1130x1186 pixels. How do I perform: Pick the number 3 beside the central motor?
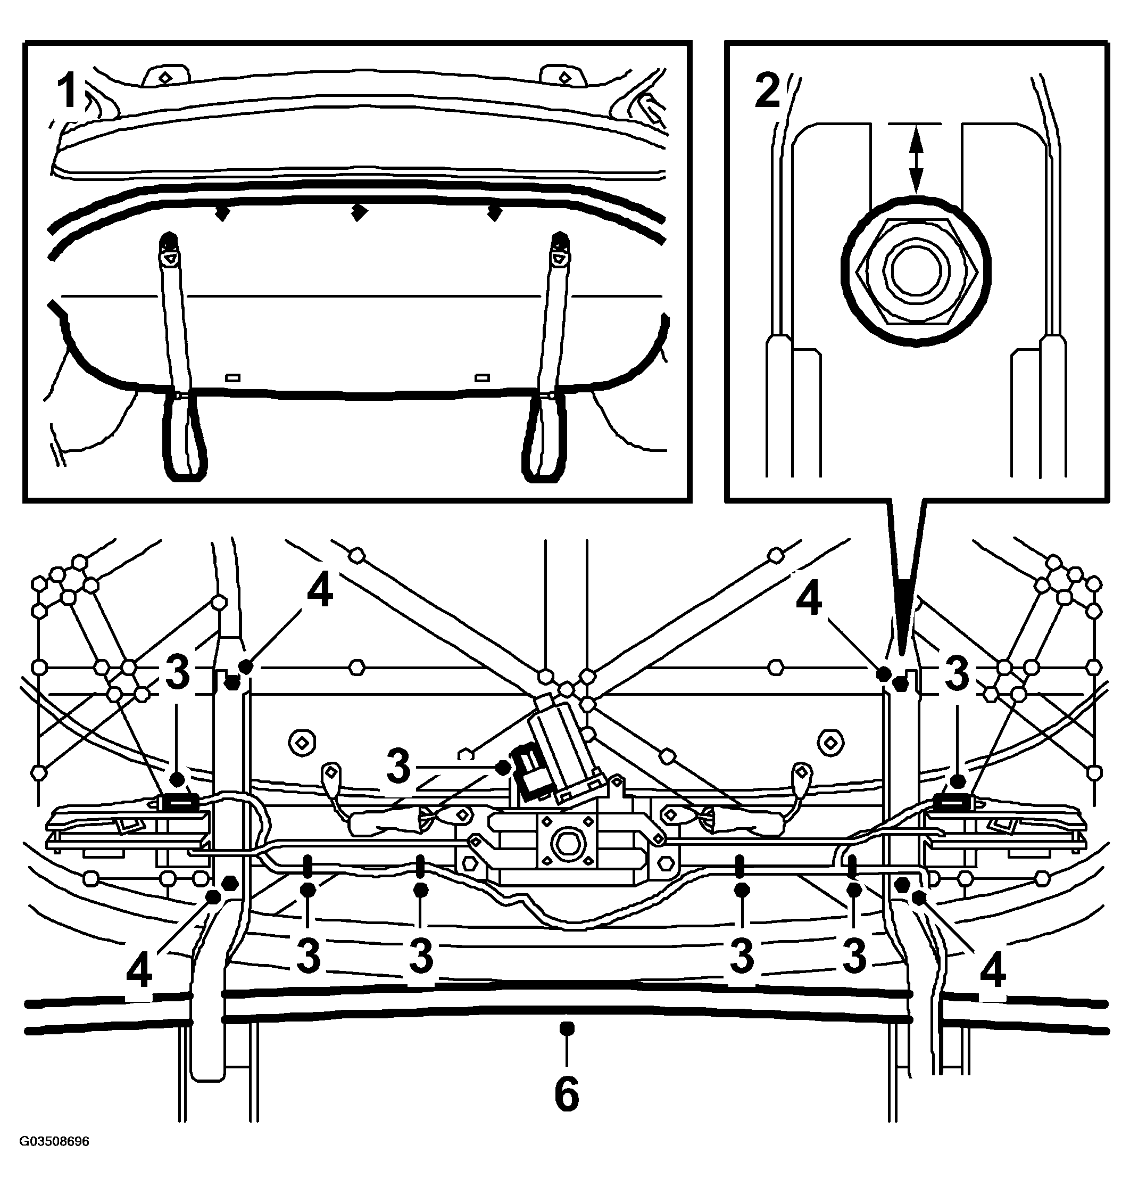pos(398,767)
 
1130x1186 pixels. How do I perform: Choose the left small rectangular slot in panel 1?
pos(232,378)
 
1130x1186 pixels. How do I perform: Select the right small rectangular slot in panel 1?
pos(482,378)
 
